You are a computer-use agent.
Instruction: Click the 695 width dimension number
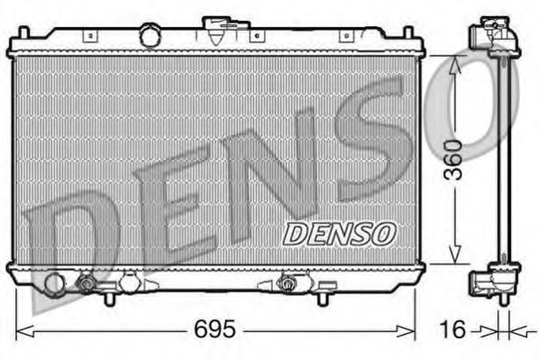coord(214,330)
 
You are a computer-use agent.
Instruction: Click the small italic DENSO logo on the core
coord(340,233)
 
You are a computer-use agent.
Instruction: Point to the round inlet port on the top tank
coord(149,35)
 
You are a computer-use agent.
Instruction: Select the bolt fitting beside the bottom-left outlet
coord(87,284)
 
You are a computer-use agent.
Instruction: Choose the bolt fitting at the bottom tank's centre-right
coord(289,284)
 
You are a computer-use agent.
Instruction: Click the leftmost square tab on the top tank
coord(90,36)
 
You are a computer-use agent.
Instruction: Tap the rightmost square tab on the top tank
coord(344,36)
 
